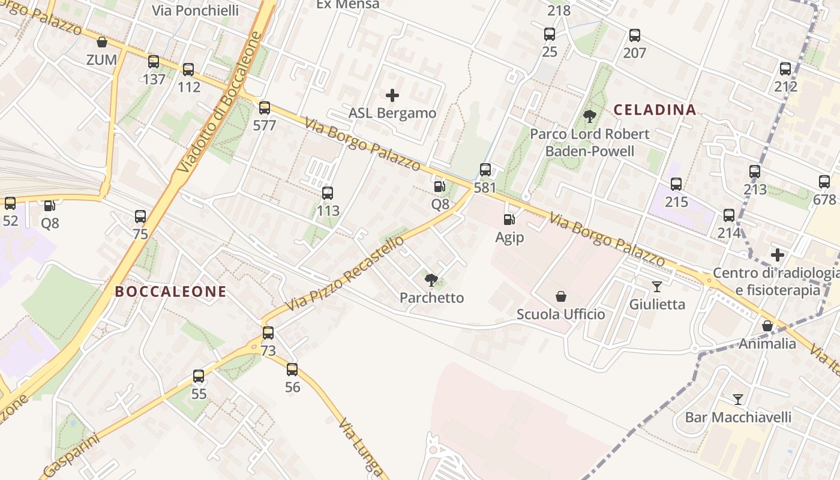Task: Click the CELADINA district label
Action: (655, 110)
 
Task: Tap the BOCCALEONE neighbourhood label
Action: (170, 292)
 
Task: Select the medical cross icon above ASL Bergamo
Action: (392, 95)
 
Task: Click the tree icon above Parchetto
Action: (431, 279)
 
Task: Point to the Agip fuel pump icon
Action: (509, 220)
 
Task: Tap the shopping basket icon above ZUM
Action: (102, 42)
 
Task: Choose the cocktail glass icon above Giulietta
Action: (657, 286)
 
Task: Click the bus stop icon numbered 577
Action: (265, 108)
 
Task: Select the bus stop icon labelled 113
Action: (328, 193)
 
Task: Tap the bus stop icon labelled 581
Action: (485, 170)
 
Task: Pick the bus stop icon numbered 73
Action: (268, 333)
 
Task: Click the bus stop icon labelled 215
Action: (676, 184)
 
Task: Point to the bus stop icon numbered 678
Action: (824, 182)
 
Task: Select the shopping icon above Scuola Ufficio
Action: (561, 296)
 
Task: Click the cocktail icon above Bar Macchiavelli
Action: (738, 399)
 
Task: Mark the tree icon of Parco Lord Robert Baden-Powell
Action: (590, 116)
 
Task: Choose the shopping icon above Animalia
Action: (767, 326)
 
